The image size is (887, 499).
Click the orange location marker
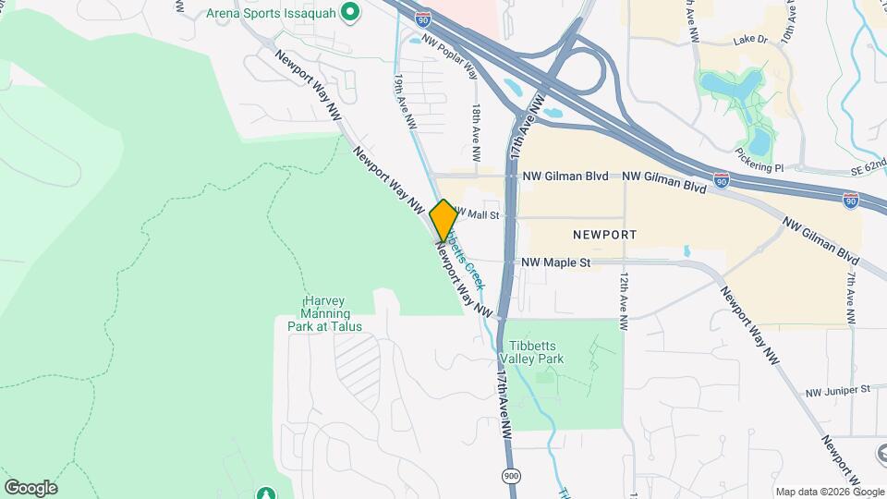coord(443,220)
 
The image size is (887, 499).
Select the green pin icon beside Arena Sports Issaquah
coord(349,13)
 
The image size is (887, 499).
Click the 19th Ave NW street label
coord(405,101)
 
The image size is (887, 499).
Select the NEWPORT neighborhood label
coord(604,235)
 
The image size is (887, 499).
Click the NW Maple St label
coord(555,262)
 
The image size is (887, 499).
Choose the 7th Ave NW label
coord(850,295)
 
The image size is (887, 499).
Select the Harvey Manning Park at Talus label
coord(320,314)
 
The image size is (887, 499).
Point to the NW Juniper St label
coord(838,390)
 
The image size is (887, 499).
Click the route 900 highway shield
coord(510,475)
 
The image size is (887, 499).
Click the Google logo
coord(30,487)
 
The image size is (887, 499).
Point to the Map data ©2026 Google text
coord(828,492)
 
